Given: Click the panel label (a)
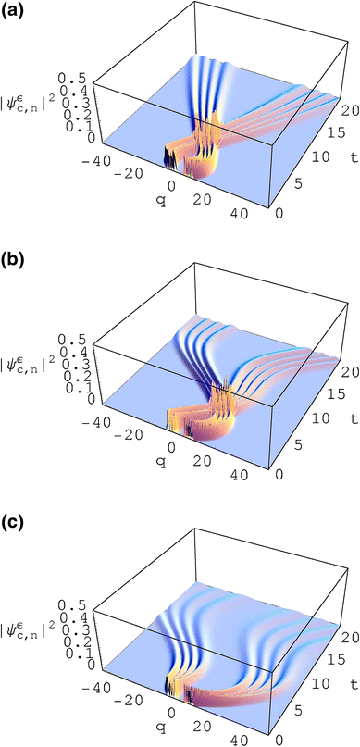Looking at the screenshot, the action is (x=11, y=11).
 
